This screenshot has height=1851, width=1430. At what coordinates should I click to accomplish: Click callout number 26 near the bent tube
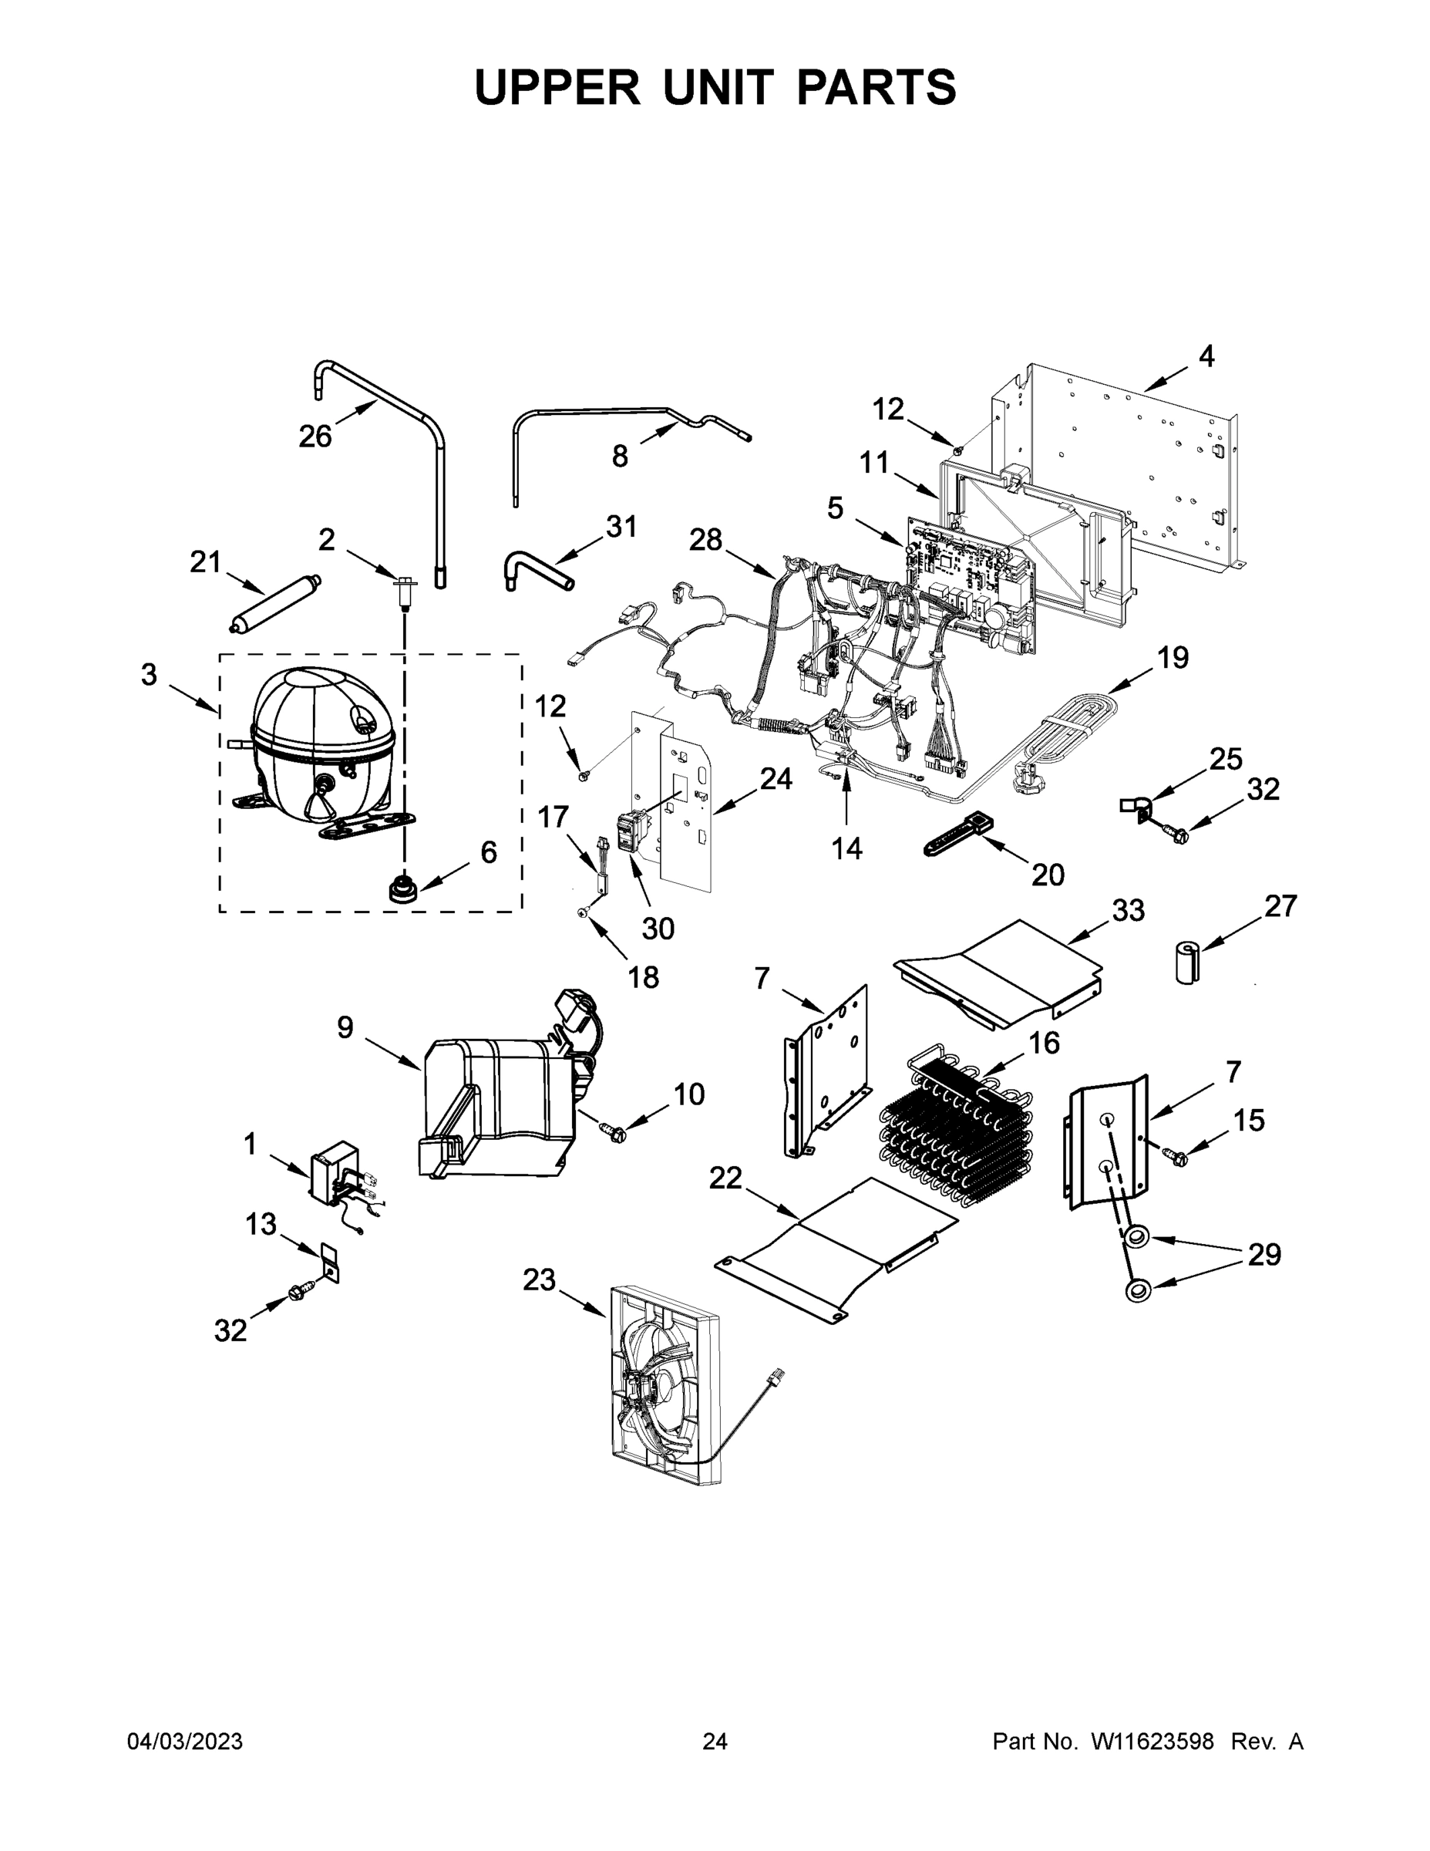[x=315, y=437]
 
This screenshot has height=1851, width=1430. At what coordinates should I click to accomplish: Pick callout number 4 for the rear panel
[x=1206, y=357]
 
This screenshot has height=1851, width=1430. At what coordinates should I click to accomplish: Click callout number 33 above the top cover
[x=1128, y=911]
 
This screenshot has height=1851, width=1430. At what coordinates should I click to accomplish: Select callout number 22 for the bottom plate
[x=725, y=1178]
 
